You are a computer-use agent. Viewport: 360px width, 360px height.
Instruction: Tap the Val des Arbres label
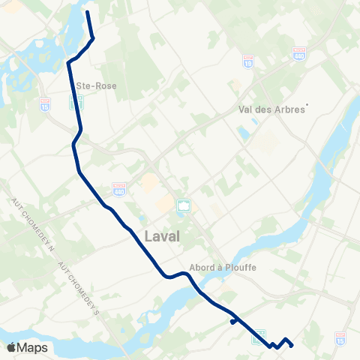[x=271, y=109]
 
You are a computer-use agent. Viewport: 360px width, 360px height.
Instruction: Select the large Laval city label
[x=161, y=237]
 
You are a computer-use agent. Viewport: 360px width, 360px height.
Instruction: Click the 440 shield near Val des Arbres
[x=298, y=55]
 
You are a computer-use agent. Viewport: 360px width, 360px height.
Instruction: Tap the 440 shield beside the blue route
[x=118, y=186]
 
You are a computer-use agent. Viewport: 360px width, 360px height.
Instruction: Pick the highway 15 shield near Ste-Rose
[x=44, y=103]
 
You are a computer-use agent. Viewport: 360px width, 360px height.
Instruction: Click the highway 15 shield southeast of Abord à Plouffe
[x=341, y=338]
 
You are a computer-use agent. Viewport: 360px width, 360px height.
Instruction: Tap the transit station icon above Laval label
[x=183, y=205]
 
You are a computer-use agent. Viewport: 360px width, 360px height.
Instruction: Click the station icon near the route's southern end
[x=259, y=335]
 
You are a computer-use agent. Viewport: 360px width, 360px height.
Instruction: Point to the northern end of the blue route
[x=87, y=12]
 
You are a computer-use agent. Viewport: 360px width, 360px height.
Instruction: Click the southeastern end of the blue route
[x=292, y=346]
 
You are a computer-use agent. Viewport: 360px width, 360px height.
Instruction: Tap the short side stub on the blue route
[x=233, y=322]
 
